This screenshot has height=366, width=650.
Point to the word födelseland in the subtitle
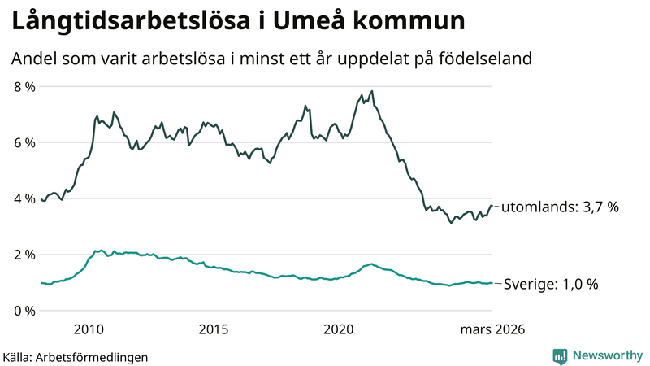tap(492, 59)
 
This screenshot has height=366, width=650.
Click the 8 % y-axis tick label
tap(24, 86)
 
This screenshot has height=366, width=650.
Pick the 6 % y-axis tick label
tap(24, 142)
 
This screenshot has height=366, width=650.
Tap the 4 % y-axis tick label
tap(24, 198)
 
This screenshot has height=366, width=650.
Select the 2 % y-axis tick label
tap(24, 255)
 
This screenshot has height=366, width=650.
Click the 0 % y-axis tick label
tap(24, 311)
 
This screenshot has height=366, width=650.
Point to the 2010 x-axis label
tap(89, 329)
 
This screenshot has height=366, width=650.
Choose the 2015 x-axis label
tap(214, 329)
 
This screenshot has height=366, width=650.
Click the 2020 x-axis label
tap(339, 329)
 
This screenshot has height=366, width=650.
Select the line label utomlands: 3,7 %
tap(560, 207)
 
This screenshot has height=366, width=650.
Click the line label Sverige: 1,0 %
tap(551, 284)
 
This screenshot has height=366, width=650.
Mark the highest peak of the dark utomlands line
tap(372, 91)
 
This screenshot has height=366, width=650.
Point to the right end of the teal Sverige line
tap(492, 283)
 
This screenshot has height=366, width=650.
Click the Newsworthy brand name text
tap(607, 355)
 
